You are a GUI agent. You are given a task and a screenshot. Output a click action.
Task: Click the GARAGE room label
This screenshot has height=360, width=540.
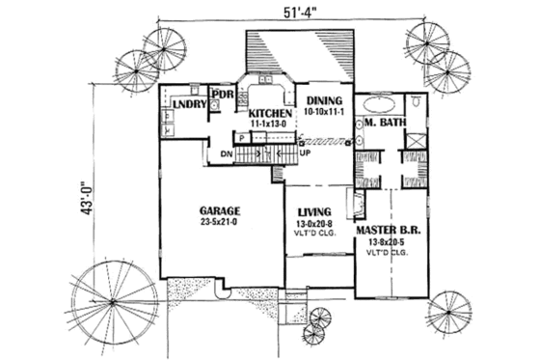point(221,209)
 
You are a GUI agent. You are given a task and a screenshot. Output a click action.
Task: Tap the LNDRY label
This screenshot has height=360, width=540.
point(191,104)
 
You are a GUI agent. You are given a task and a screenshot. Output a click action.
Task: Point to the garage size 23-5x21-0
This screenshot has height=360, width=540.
point(221,221)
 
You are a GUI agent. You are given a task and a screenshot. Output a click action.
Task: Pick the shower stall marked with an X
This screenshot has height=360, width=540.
point(415,140)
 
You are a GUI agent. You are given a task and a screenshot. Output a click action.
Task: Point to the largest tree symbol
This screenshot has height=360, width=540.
point(115,298)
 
